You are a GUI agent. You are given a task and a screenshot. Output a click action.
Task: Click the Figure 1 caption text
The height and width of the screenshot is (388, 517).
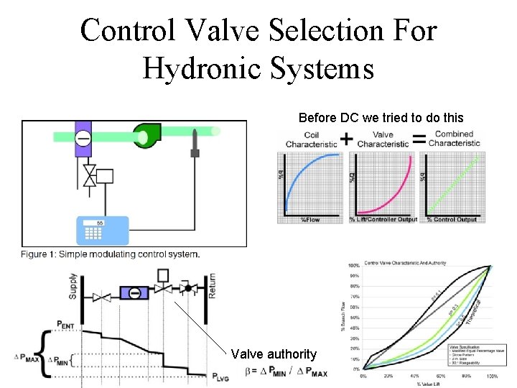tap(110, 254)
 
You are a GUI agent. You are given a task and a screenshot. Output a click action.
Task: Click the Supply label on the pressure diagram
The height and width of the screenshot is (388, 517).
tap(73, 286)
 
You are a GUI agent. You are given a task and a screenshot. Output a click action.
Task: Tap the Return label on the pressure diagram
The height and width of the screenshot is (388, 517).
tap(212, 285)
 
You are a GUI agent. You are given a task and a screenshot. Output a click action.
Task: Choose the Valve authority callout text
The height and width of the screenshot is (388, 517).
tap(274, 354)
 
